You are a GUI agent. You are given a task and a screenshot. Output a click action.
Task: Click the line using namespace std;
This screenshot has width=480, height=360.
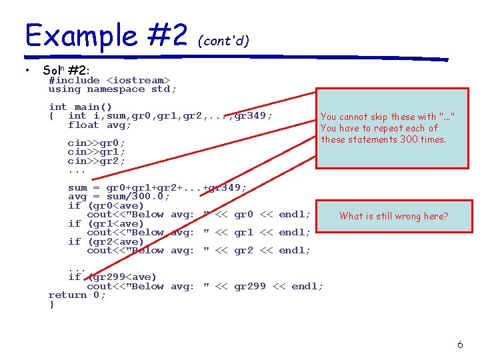click(112, 89)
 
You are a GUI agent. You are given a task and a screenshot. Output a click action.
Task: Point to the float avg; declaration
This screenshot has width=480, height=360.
click(99, 125)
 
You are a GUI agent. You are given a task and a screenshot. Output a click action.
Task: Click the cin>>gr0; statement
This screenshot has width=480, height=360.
click(96, 143)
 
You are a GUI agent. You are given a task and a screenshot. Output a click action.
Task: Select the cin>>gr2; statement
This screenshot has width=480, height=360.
click(96, 161)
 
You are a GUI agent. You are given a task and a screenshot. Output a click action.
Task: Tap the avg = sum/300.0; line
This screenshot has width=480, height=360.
click(119, 197)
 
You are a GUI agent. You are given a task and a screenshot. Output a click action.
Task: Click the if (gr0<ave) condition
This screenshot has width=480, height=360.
click(105, 205)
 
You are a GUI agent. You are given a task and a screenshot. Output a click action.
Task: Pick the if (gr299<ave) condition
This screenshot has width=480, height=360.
click(112, 277)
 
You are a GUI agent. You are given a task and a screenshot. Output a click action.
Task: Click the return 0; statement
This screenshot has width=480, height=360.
click(77, 295)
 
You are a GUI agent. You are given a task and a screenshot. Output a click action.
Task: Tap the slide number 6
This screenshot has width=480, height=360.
click(460, 345)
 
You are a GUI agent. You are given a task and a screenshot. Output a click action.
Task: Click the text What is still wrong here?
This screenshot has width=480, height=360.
click(393, 216)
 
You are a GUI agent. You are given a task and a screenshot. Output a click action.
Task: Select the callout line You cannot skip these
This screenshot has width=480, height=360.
click(387, 117)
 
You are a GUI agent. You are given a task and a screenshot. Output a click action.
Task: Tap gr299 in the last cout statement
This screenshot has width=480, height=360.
click(250, 286)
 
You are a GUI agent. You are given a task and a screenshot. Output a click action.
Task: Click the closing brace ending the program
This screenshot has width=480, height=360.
click(51, 304)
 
